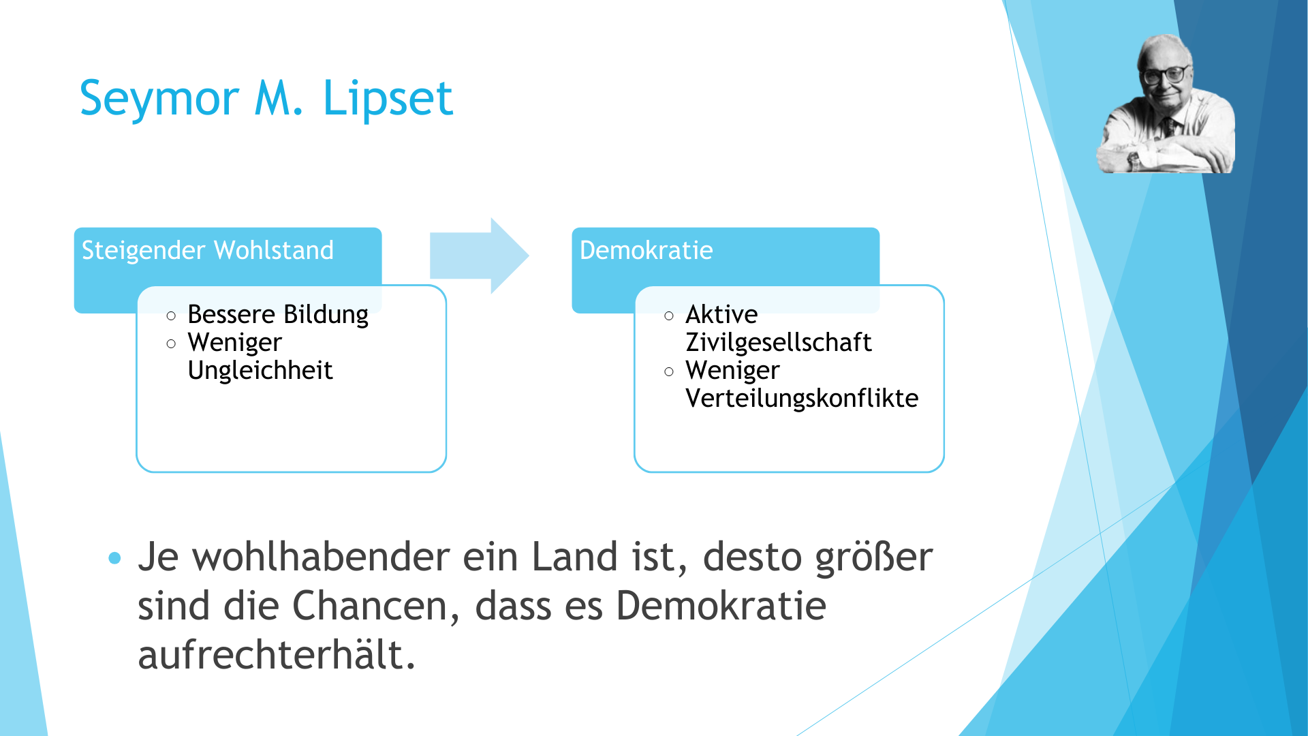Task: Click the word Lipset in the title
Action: pyautogui.click(x=388, y=99)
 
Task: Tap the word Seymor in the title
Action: pyautogui.click(x=159, y=99)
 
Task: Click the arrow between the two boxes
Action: pyautogui.click(x=480, y=256)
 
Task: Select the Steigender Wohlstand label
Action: pyautogui.click(x=208, y=250)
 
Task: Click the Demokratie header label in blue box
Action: pyautogui.click(x=646, y=250)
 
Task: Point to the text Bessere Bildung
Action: pyautogui.click(x=278, y=315)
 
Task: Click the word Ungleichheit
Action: pyautogui.click(x=260, y=371)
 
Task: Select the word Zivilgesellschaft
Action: pyautogui.click(x=779, y=342)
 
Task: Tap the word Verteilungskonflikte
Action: pyautogui.click(x=802, y=398)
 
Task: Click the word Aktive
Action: pyautogui.click(x=721, y=314)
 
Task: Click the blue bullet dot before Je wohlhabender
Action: pyautogui.click(x=114, y=559)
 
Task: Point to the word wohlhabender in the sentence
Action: pyautogui.click(x=321, y=557)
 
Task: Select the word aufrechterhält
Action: pyautogui.click(x=277, y=655)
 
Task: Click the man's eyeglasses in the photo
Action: pyautogui.click(x=1166, y=74)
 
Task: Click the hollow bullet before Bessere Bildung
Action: pyautogui.click(x=171, y=316)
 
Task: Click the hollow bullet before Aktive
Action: pyautogui.click(x=669, y=316)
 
